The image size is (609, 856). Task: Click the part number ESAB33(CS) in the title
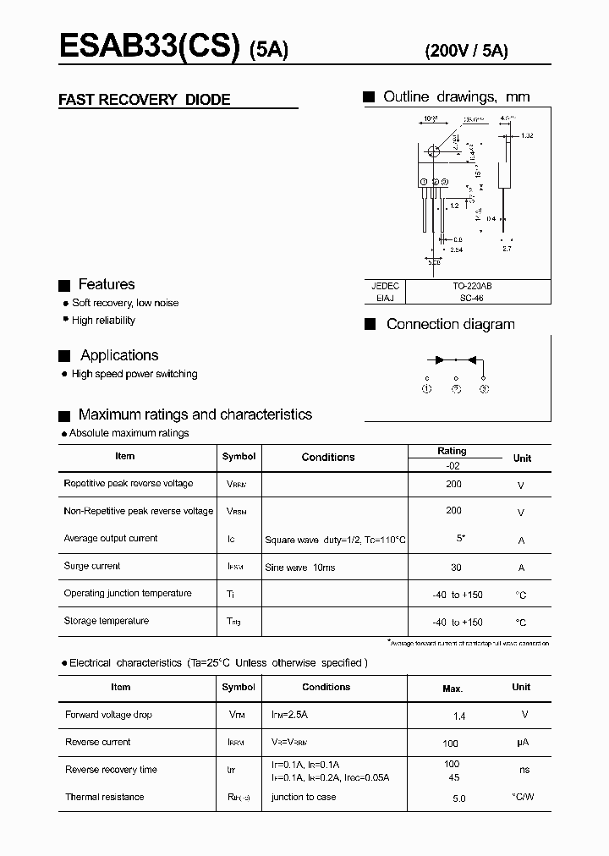click(149, 47)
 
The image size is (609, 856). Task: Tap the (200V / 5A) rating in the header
click(465, 50)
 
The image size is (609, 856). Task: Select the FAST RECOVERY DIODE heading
click(144, 100)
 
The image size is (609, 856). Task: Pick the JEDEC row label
click(385, 287)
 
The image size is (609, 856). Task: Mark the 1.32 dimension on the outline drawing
click(527, 135)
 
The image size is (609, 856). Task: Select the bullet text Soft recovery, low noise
click(125, 303)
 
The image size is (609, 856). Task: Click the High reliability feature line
click(103, 321)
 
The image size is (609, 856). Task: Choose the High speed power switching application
click(134, 374)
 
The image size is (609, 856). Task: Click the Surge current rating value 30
click(453, 567)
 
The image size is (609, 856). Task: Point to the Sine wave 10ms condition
click(299, 568)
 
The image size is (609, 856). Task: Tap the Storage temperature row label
click(106, 621)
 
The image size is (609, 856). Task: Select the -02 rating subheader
click(453, 464)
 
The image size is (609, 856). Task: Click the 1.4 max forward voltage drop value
click(459, 716)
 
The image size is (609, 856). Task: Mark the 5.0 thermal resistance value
click(458, 798)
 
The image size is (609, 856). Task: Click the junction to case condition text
click(303, 797)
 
